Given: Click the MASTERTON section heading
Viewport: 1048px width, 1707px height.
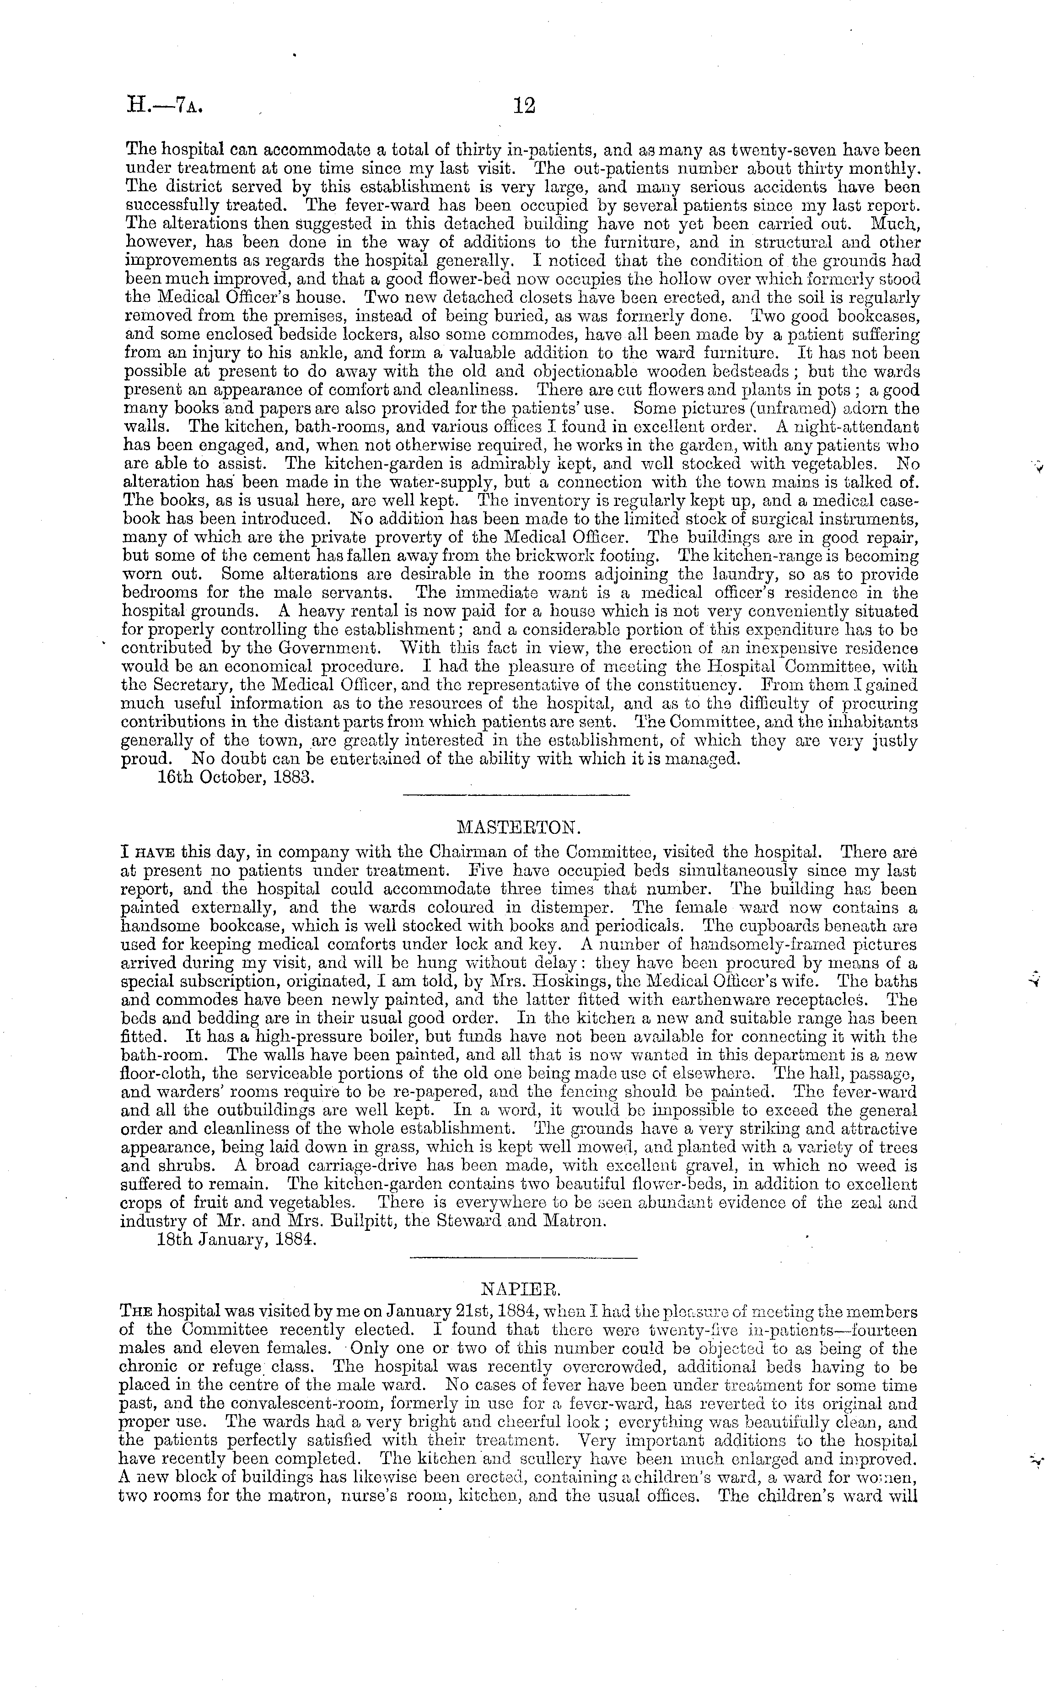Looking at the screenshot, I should tap(516, 827).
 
